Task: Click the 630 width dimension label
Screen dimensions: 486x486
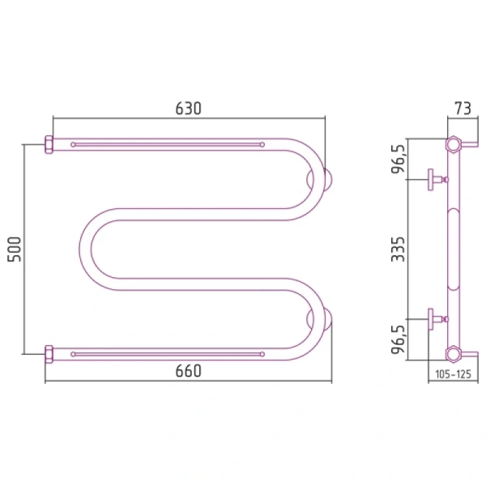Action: [189, 109]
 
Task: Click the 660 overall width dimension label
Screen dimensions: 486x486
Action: [189, 371]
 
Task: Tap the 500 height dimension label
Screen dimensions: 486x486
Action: [15, 249]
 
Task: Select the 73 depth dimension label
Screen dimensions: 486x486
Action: [463, 109]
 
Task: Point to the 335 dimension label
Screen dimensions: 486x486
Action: [398, 249]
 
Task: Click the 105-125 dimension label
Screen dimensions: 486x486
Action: [453, 374]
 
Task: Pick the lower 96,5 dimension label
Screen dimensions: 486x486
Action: [399, 339]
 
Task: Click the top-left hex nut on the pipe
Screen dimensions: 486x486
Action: [49, 144]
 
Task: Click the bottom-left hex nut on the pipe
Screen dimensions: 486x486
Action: [49, 354]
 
